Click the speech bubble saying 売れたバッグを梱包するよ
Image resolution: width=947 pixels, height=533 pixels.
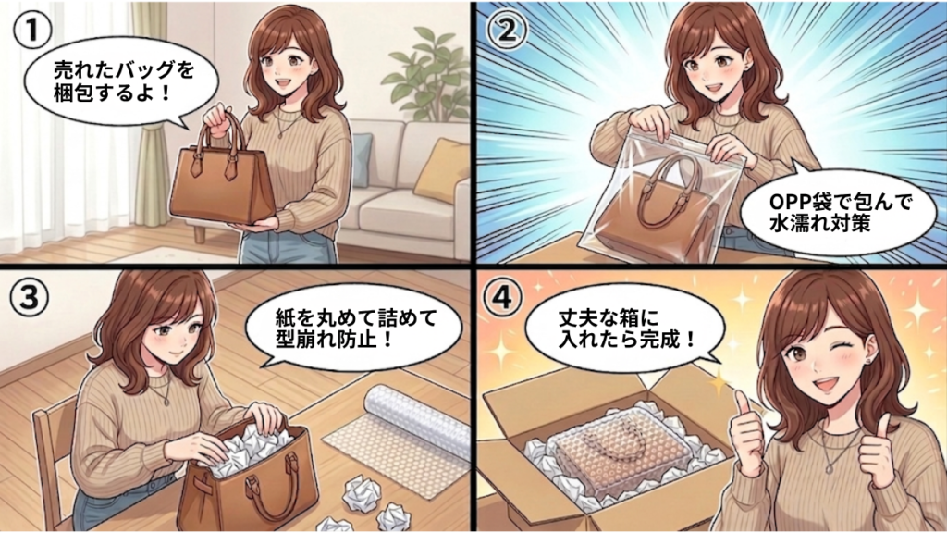[x=121, y=81]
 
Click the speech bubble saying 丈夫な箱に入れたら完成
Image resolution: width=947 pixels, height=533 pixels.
[x=625, y=330]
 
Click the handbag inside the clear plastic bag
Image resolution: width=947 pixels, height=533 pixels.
[x=656, y=205]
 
